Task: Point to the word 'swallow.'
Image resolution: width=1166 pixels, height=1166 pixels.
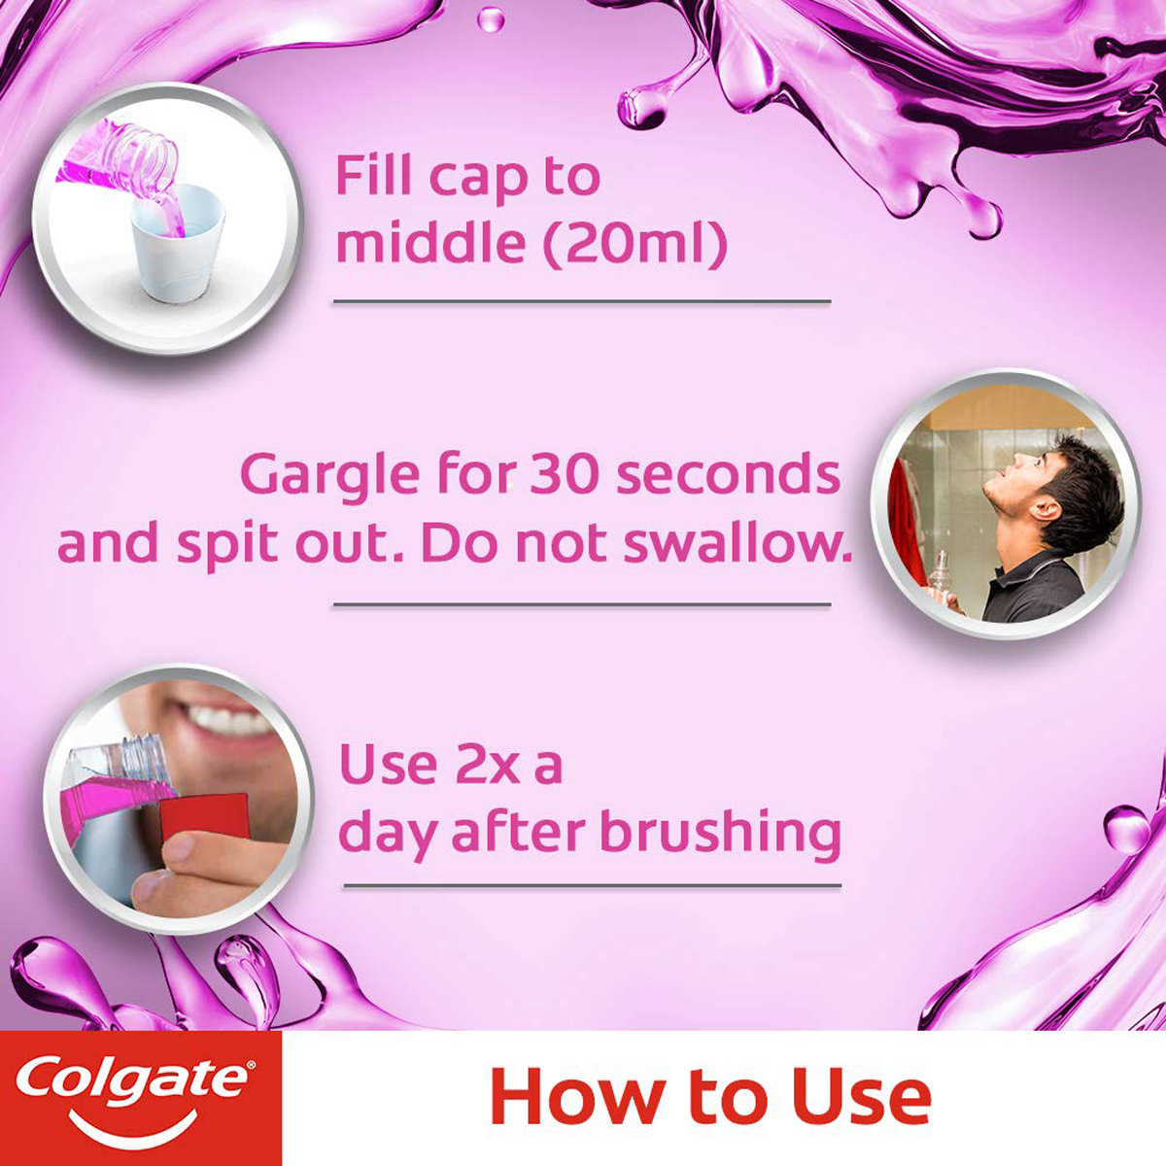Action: click(x=737, y=545)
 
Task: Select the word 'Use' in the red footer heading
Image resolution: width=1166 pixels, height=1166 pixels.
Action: click(x=862, y=1098)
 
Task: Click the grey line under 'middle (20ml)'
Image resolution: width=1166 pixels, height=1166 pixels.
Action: click(x=582, y=302)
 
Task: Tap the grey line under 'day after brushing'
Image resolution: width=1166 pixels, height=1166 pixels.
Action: click(x=592, y=885)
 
